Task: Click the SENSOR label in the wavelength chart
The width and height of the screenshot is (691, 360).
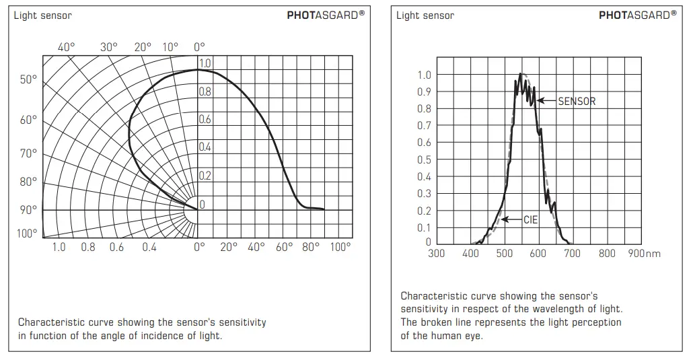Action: click(577, 102)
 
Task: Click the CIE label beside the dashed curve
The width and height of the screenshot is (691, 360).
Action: click(530, 220)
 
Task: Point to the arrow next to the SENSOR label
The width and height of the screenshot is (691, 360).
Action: click(547, 102)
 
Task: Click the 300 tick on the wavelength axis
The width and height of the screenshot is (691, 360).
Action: click(437, 254)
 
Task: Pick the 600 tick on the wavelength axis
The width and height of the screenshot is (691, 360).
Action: click(538, 254)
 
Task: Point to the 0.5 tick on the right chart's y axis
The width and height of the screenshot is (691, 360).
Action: click(424, 160)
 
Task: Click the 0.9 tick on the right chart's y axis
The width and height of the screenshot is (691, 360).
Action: click(424, 92)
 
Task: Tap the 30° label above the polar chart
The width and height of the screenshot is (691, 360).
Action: click(108, 47)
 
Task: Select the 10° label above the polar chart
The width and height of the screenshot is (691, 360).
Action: click(171, 47)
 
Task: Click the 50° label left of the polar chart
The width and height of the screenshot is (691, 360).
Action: click(29, 80)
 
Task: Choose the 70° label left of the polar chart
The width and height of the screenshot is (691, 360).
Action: click(29, 153)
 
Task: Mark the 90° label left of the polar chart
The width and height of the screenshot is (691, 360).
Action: click(29, 209)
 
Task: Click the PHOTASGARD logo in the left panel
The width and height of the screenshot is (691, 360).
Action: click(326, 15)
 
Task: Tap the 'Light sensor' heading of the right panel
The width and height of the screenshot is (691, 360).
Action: click(425, 15)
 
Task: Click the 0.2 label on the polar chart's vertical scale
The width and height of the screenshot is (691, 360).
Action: click(205, 176)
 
